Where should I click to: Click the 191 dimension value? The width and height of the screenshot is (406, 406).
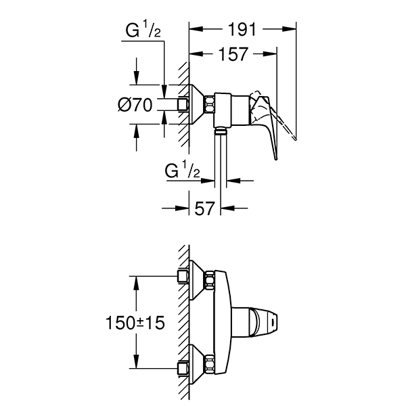pyautogui.click(x=242, y=29)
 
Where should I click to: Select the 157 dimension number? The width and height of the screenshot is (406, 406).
pyautogui.click(x=233, y=54)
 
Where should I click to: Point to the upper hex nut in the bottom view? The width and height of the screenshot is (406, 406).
pyautogui.click(x=210, y=278)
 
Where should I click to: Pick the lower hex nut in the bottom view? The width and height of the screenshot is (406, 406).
pyautogui.click(x=210, y=367)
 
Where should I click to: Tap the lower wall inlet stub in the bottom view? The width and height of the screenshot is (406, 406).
pyautogui.click(x=182, y=367)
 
